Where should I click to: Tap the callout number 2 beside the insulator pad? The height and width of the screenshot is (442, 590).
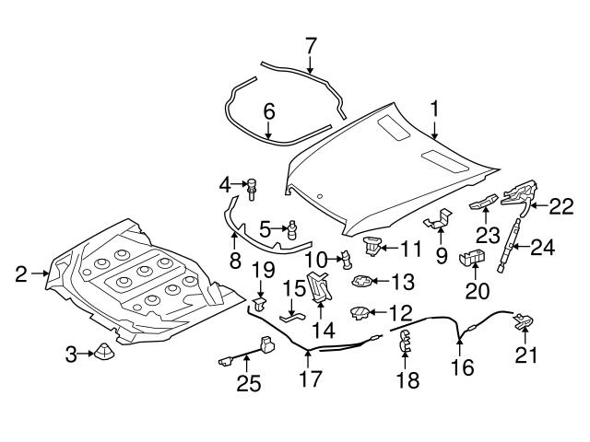click(21, 273)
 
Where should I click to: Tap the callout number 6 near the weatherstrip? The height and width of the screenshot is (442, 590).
click(269, 111)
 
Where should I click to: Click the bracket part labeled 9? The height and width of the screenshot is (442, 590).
click(437, 221)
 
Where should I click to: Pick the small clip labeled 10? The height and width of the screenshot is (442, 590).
click(346, 259)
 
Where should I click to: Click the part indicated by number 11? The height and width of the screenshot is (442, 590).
click(372, 247)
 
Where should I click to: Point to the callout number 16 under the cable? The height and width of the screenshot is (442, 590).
click(460, 368)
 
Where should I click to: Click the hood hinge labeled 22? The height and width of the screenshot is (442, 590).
click(518, 195)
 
